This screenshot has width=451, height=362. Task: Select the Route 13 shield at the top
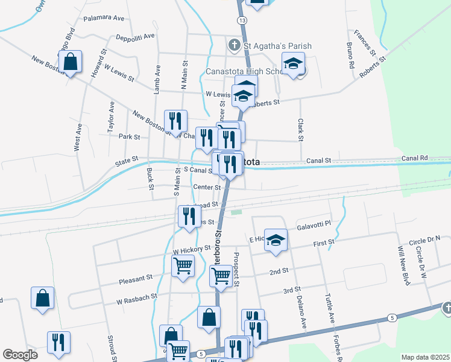(x=242, y=21)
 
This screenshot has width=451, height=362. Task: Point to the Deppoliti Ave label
(x=136, y=36)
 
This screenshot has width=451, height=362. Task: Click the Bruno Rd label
(x=349, y=54)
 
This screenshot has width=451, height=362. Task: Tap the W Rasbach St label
(x=137, y=297)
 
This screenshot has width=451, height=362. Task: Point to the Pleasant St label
(x=136, y=279)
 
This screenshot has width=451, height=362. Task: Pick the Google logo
(x=20, y=355)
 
